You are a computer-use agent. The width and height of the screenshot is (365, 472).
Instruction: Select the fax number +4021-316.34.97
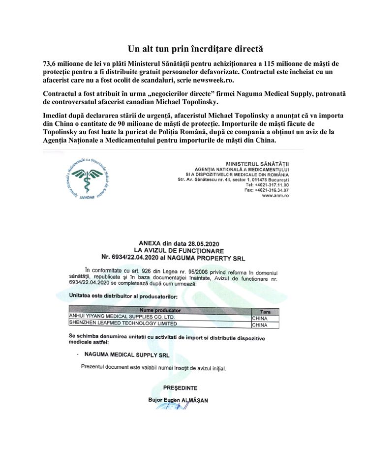pyautogui.click(x=274, y=190)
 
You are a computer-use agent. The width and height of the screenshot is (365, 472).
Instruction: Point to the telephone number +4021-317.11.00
pyautogui.click(x=274, y=184)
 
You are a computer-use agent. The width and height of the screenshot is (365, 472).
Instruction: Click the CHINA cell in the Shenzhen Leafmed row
pyautogui.click(x=259, y=324)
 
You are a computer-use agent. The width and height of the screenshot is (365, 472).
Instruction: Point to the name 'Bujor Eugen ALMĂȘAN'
pyautogui.click(x=178, y=400)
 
